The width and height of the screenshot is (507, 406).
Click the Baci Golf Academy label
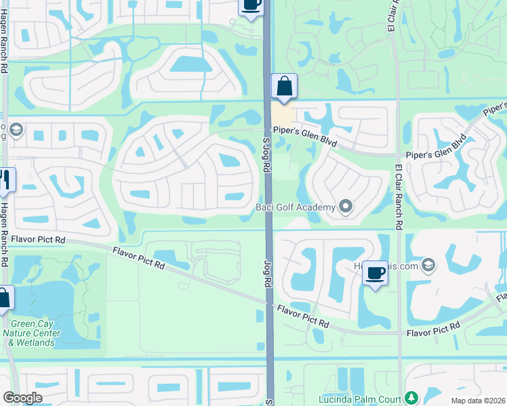point(296,206)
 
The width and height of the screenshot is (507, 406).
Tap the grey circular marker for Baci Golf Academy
point(346,206)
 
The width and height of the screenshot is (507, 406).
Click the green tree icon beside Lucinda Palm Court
point(410,397)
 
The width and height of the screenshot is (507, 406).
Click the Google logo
point(22,398)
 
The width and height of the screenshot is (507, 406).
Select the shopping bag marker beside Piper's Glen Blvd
point(284,87)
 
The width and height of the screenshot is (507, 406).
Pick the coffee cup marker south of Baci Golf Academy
point(375,275)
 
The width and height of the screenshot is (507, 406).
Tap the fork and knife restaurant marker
point(5,180)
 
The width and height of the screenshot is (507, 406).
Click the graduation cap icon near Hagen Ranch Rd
point(16,129)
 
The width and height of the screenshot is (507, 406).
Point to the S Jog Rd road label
point(266,153)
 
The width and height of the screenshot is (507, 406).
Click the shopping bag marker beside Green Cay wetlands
point(3,299)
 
